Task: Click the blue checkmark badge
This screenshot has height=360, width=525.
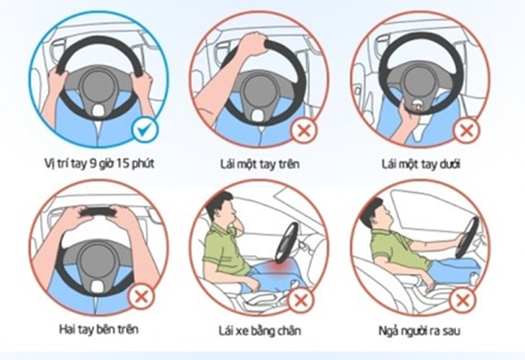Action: [x=144, y=130]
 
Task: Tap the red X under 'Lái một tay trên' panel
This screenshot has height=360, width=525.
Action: [x=304, y=130]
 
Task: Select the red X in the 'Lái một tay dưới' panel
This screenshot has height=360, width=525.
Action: [x=466, y=130]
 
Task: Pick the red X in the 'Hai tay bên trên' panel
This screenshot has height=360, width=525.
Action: [x=142, y=297]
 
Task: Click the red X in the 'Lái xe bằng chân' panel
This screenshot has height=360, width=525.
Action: [x=300, y=300]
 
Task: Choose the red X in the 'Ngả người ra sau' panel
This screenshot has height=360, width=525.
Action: [x=462, y=300]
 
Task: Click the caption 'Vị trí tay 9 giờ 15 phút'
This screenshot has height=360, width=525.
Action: [x=100, y=164]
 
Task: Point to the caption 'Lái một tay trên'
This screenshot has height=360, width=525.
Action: [x=259, y=164]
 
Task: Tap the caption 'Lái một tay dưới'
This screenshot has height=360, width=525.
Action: [x=421, y=164]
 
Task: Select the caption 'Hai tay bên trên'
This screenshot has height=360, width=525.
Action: [x=99, y=329]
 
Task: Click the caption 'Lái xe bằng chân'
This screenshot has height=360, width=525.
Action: [x=259, y=331]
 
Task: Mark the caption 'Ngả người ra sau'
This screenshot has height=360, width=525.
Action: [x=419, y=331]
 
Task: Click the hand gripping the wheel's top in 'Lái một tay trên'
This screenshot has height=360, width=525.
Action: [x=252, y=43]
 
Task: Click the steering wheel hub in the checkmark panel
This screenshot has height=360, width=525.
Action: [x=97, y=86]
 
